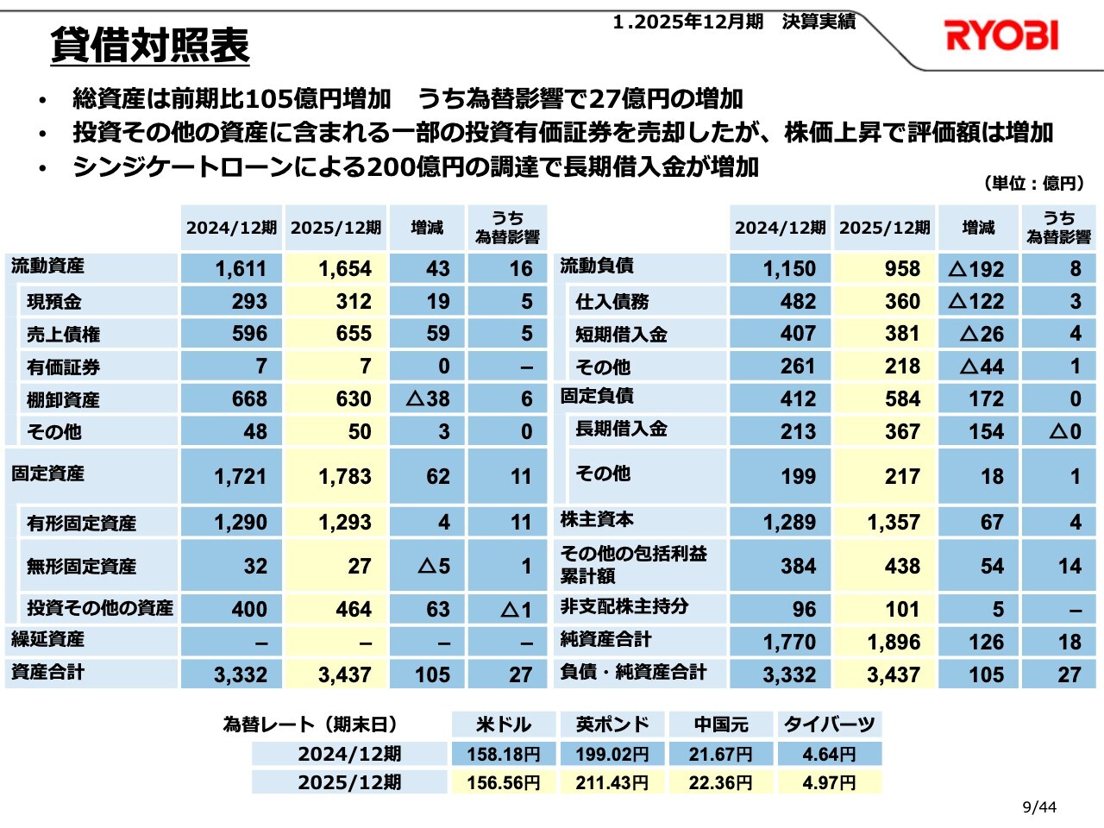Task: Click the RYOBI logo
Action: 1001,36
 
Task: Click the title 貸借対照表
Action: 150,46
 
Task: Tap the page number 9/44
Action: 1039,807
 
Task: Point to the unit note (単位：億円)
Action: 1033,183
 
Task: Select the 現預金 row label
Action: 54,302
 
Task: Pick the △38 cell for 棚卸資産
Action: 428,399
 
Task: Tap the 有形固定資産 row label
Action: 81,524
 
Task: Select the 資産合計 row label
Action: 47,673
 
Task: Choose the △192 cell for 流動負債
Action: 976,269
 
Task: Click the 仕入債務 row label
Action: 612,302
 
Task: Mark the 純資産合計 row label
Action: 605,640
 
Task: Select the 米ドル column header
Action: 504,724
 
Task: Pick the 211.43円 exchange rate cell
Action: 612,783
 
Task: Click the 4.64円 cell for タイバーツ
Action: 829,755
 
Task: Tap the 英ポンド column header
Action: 612,724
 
